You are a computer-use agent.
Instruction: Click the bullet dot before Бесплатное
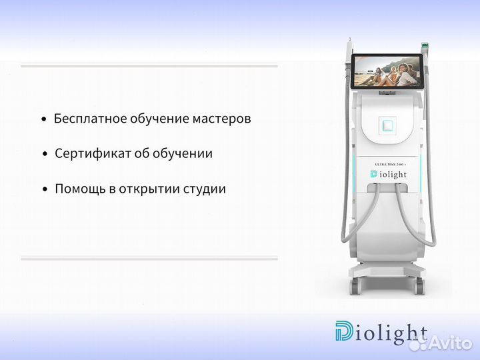click(44, 120)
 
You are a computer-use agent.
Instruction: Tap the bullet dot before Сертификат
click(45, 154)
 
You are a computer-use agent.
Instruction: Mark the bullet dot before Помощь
click(45, 189)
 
